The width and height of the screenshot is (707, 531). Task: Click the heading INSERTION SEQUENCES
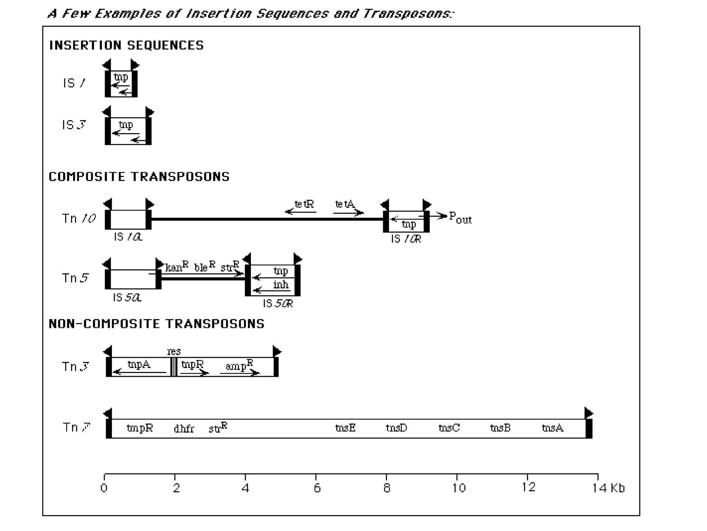[126, 45]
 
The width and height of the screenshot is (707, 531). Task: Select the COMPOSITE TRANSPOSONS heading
[139, 177]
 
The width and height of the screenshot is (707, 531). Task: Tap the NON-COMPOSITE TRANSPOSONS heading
[156, 324]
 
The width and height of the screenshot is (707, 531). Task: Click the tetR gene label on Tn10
[304, 204]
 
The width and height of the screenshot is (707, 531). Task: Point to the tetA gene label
[345, 204]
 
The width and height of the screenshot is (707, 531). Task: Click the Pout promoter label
[460, 218]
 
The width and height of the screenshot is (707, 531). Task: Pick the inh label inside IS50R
[281, 285]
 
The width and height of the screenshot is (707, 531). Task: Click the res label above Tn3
[174, 351]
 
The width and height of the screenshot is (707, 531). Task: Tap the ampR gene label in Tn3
[239, 365]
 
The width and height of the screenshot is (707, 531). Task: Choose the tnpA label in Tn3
[139, 364]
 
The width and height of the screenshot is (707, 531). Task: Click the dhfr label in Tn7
[184, 429]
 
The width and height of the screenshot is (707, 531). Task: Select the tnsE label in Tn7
[345, 428]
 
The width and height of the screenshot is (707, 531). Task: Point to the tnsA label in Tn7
[552, 428]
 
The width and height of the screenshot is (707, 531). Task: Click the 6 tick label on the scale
[317, 488]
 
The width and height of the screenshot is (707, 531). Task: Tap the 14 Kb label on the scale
[608, 488]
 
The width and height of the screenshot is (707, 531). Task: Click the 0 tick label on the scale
[104, 488]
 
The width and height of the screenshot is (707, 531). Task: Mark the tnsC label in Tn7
[449, 428]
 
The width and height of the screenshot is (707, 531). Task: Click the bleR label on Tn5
[204, 267]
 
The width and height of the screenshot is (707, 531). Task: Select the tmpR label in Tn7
[139, 428]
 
